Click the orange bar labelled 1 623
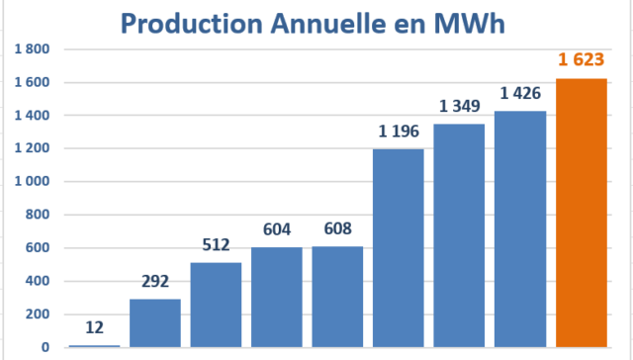click(x=582, y=213)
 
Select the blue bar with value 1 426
click(x=520, y=228)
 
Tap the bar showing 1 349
click(x=459, y=235)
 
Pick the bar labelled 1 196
click(x=399, y=247)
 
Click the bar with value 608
click(x=337, y=297)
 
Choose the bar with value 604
click(x=276, y=297)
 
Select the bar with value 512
click(x=216, y=305)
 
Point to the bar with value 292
click(x=155, y=322)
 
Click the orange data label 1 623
click(x=581, y=61)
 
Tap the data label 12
click(x=94, y=328)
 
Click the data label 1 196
click(x=399, y=132)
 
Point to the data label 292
click(x=155, y=280)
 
